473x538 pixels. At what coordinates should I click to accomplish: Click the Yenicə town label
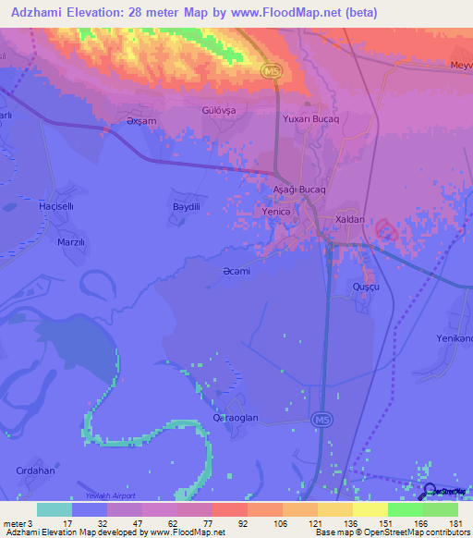coord(277,212)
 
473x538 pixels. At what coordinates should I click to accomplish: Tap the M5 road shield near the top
coord(270,72)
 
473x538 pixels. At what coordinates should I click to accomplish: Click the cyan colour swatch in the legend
coord(54,509)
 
